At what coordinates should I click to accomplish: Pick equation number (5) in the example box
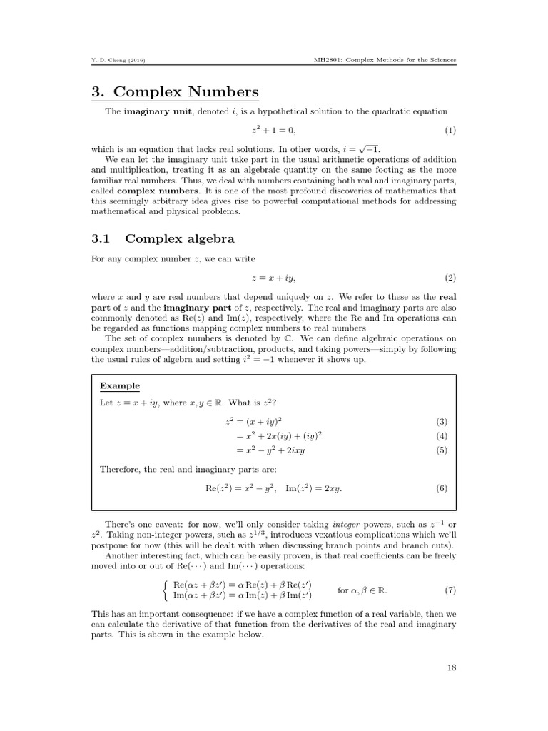click(441, 450)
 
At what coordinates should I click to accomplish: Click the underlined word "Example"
click(119, 385)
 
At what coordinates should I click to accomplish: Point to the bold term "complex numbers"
click(147, 191)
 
